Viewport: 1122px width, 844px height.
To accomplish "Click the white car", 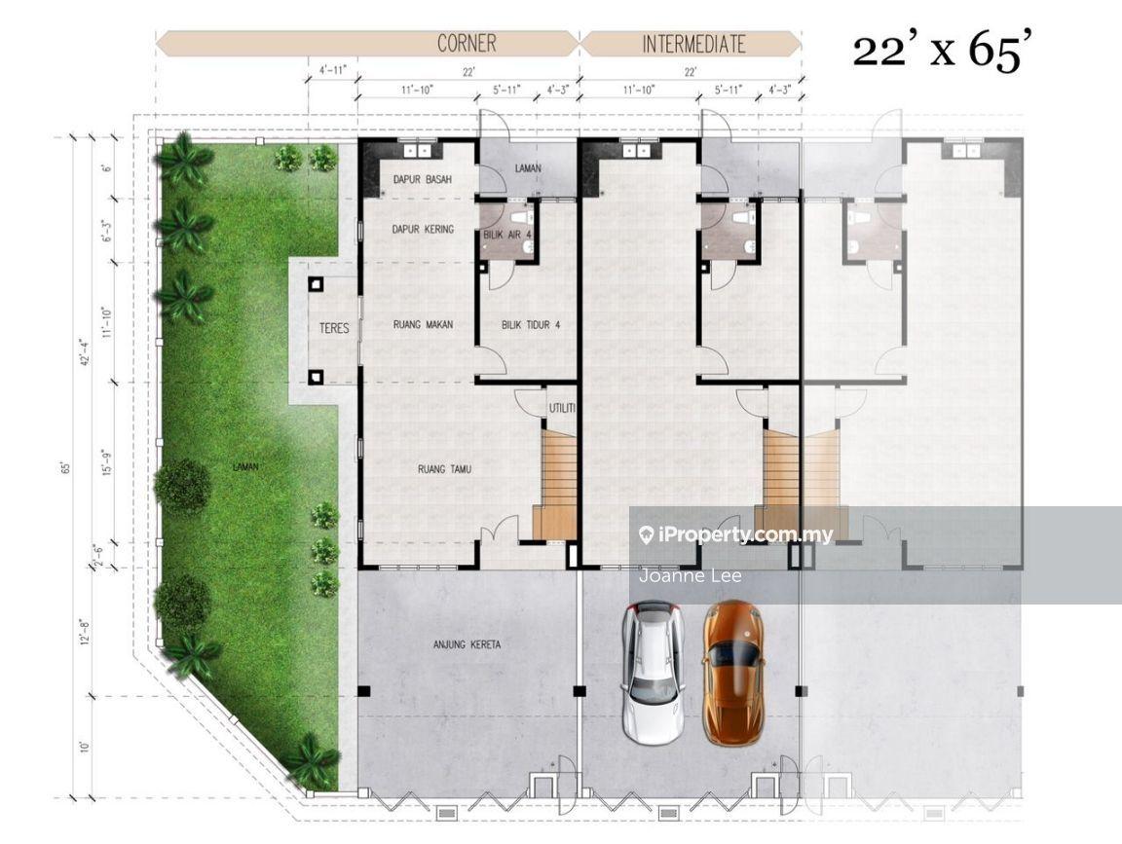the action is (653, 673).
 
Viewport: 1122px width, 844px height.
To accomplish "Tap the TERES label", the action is (334, 328).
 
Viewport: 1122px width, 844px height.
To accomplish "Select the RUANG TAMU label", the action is (444, 469).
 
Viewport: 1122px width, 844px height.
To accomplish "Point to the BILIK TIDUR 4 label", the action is (530, 325).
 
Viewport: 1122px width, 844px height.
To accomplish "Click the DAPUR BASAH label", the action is (423, 179).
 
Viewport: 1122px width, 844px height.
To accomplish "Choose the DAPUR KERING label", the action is (423, 229).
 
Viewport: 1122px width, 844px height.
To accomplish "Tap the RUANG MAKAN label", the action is (424, 325).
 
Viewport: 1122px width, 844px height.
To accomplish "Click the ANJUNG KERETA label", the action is (467, 644).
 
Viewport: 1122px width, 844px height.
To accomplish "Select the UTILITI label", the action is (562, 409).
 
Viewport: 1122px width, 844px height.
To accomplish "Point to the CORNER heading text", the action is (467, 44).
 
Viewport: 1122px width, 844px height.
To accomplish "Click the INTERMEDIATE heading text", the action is (693, 45).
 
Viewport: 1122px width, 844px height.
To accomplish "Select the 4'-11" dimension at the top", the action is (333, 70).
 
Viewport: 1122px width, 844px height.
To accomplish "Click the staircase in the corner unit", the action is (554, 485).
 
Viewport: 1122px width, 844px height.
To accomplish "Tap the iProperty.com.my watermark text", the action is (736, 534).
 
